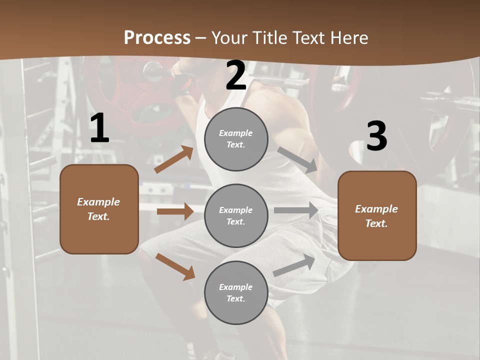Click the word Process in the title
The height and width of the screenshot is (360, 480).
pyautogui.click(x=157, y=38)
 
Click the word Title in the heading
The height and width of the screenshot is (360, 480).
pyautogui.click(x=268, y=38)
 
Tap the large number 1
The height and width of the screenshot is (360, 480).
pyautogui.click(x=99, y=129)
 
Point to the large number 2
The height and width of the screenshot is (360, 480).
pyautogui.click(x=235, y=76)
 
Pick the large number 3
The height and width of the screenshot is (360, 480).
pyautogui.click(x=376, y=136)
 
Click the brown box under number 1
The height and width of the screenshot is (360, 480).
pyautogui.click(x=99, y=209)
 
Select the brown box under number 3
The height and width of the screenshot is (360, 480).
pyautogui.click(x=377, y=216)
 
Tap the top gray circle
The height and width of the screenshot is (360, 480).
pyautogui.click(x=236, y=139)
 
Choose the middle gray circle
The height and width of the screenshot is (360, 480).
pyautogui.click(x=236, y=216)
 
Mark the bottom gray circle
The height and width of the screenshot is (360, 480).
pyautogui.click(x=236, y=293)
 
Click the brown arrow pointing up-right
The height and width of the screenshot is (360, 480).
pyautogui.click(x=174, y=159)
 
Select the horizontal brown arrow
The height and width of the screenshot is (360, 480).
pyautogui.click(x=175, y=211)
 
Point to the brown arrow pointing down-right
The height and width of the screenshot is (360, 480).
pyautogui.click(x=175, y=266)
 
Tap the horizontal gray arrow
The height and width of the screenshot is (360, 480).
pyautogui.click(x=296, y=210)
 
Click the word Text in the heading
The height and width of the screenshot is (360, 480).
pyautogui.click(x=308, y=38)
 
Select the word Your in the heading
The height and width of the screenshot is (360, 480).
pyautogui.click(x=228, y=38)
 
